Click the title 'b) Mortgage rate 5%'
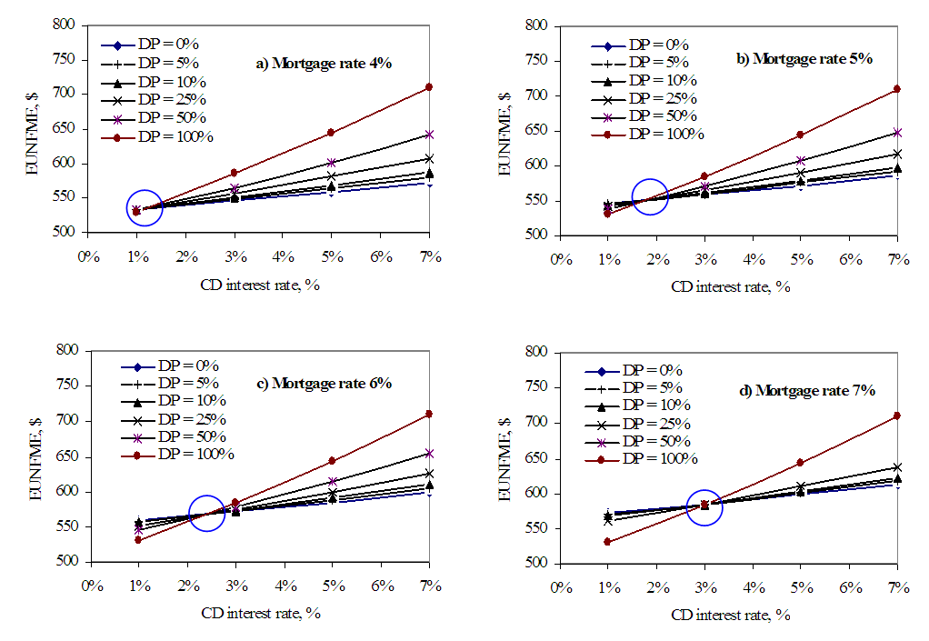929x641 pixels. (x=804, y=58)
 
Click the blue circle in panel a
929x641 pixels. (x=145, y=208)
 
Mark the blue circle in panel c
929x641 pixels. (x=206, y=514)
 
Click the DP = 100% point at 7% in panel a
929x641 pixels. (x=428, y=87)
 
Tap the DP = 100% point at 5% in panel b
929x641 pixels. (x=801, y=135)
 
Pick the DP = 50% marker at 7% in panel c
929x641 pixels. (x=428, y=454)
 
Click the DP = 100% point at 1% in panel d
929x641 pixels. (x=607, y=542)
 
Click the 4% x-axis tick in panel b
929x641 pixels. (x=754, y=259)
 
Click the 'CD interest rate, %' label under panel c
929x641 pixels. (x=261, y=612)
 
